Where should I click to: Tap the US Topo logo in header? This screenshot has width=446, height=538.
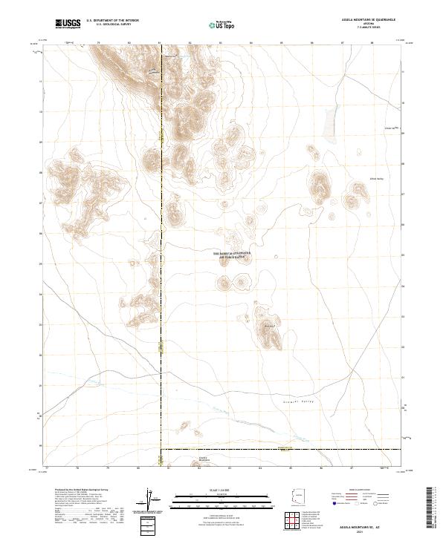(216, 24)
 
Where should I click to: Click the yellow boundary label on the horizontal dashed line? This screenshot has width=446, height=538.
(282, 448)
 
